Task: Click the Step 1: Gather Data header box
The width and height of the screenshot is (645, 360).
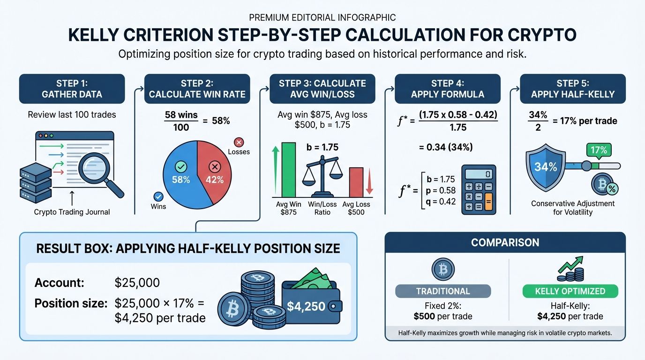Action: tap(72, 89)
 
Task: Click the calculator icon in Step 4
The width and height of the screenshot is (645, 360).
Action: tap(479, 189)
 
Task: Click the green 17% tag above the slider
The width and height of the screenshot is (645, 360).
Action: tap(599, 150)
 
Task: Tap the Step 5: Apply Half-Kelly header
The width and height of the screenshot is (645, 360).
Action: tap(573, 89)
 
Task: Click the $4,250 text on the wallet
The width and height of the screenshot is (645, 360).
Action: tap(306, 307)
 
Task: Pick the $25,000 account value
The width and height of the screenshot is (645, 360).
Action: tap(137, 283)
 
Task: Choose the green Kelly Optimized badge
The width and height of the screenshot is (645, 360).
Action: tap(570, 291)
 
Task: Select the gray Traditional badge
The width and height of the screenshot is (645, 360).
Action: tap(443, 291)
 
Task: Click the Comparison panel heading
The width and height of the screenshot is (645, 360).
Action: tap(505, 242)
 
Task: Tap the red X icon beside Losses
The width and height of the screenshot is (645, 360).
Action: tap(238, 142)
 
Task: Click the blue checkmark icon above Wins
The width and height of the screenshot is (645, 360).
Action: tap(158, 196)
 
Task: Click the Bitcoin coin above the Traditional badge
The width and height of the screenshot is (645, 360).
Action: tap(443, 270)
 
